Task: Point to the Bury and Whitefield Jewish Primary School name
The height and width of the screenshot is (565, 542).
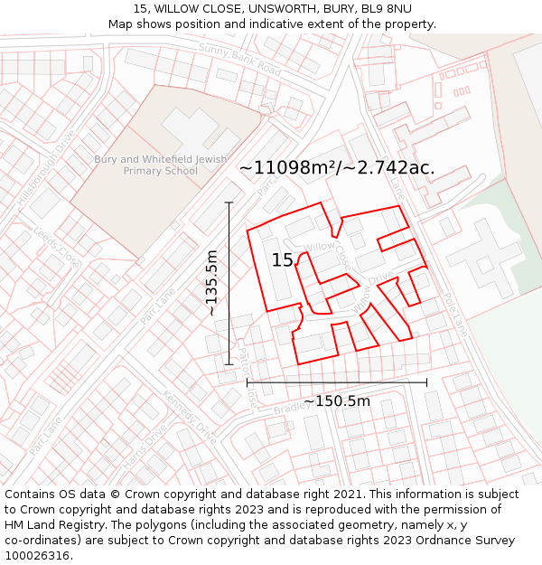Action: pyautogui.click(x=161, y=165)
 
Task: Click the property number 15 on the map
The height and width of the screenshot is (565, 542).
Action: pyautogui.click(x=282, y=260)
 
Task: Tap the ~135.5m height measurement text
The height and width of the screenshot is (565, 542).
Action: pyautogui.click(x=211, y=283)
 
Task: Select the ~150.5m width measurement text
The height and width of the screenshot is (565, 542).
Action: pyautogui.click(x=336, y=401)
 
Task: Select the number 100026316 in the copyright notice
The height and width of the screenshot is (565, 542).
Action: pyautogui.click(x=37, y=555)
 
